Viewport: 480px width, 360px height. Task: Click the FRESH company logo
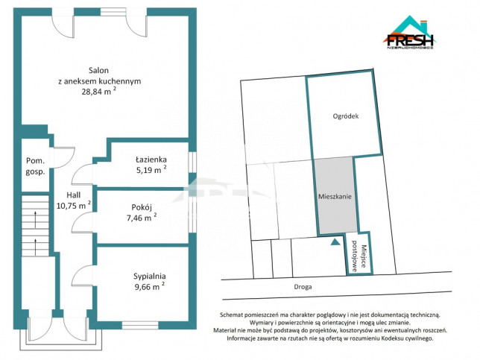coord(410,33)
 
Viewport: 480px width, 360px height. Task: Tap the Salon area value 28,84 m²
coord(98,91)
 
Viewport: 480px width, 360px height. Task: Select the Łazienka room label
coord(151,160)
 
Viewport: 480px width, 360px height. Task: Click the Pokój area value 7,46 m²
coord(142,218)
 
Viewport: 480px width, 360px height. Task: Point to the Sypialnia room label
coord(149,276)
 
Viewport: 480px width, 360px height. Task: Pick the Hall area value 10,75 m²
coord(74,205)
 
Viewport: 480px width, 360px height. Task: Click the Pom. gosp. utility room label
coord(35,166)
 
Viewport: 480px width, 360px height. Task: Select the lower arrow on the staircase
coord(36,247)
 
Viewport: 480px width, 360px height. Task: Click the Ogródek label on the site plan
coord(346,116)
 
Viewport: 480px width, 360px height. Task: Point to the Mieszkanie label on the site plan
coord(335,197)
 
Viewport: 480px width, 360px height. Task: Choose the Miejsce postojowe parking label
coord(359,258)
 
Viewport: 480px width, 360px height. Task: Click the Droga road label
coord(303,287)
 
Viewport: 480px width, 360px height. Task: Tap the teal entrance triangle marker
coord(335,241)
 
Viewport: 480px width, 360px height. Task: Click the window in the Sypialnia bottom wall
coord(140,325)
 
